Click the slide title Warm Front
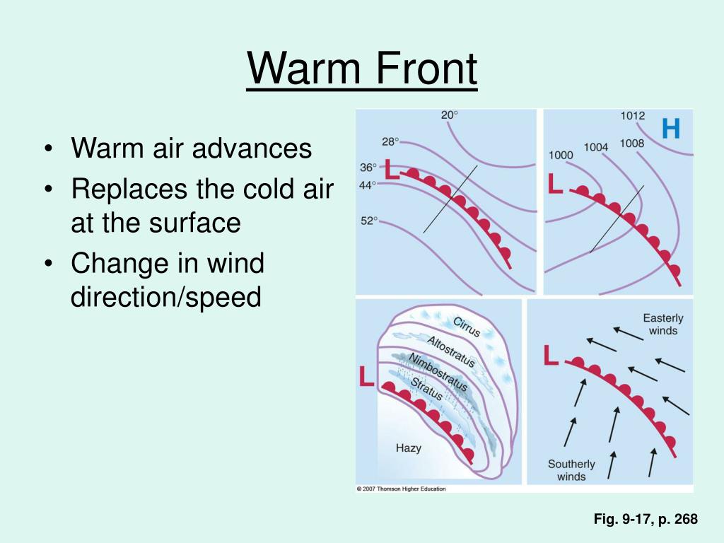click(x=362, y=70)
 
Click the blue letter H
click(x=670, y=129)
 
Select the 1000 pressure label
click(x=560, y=156)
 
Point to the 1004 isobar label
click(x=595, y=147)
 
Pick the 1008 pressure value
click(x=631, y=144)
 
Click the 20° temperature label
click(x=450, y=115)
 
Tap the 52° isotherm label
click(x=370, y=221)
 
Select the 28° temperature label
click(x=390, y=141)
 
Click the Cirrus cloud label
click(x=467, y=327)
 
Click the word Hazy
click(x=409, y=448)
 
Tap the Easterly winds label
click(x=663, y=325)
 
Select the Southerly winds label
click(x=571, y=470)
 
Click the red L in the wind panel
click(x=551, y=356)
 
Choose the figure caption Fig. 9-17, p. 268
click(x=645, y=520)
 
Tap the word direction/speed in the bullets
click(x=166, y=297)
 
